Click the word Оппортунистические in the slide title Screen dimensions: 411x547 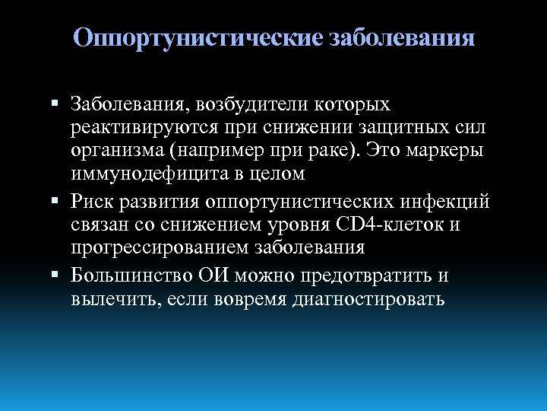199,38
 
